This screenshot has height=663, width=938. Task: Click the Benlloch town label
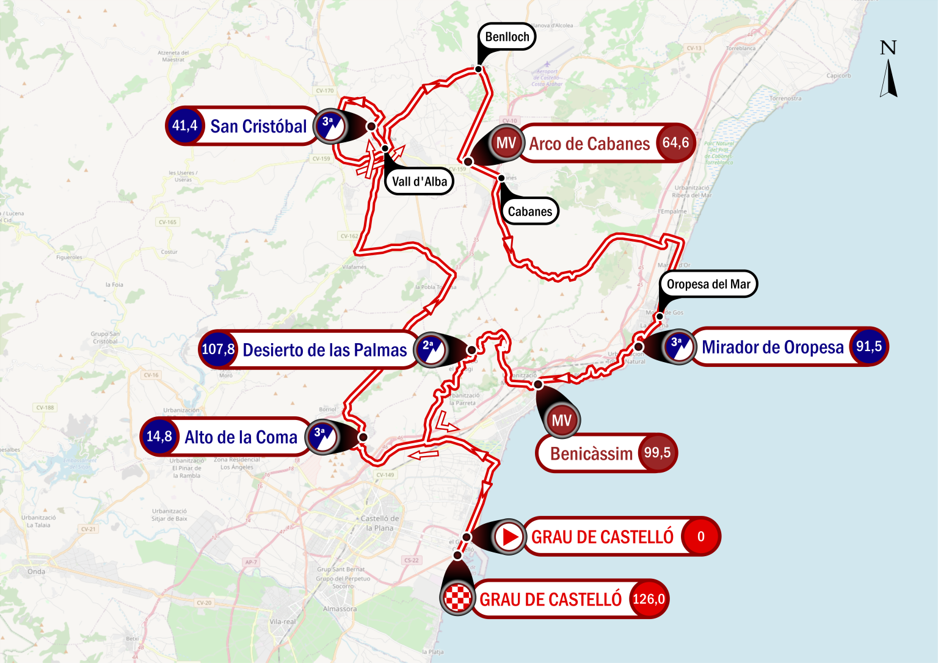click(x=507, y=37)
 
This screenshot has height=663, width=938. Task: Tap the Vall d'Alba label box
click(x=419, y=181)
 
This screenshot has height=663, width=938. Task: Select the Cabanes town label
click(x=529, y=211)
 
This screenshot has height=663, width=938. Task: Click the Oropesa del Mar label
click(x=708, y=284)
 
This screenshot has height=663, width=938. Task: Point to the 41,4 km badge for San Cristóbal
click(x=184, y=126)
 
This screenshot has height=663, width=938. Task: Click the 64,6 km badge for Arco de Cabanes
click(x=675, y=143)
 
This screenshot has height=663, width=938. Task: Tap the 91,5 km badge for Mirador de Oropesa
click(x=868, y=346)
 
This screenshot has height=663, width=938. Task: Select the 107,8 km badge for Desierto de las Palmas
click(x=218, y=349)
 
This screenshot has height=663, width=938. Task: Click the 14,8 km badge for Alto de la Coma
click(x=159, y=437)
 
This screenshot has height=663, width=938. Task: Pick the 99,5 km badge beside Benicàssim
click(x=657, y=453)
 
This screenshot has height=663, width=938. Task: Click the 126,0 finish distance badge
click(x=649, y=599)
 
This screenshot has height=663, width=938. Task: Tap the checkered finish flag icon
click(x=457, y=598)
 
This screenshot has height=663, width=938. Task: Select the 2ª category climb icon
click(x=431, y=350)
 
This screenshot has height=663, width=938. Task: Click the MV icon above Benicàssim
click(x=561, y=420)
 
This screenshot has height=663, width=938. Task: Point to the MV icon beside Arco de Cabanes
click(x=506, y=143)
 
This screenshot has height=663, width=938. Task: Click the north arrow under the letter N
click(x=889, y=78)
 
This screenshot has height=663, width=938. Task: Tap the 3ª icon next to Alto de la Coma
click(x=322, y=437)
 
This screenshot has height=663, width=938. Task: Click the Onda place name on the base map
click(x=36, y=571)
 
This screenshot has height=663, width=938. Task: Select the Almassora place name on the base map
click(x=340, y=609)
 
